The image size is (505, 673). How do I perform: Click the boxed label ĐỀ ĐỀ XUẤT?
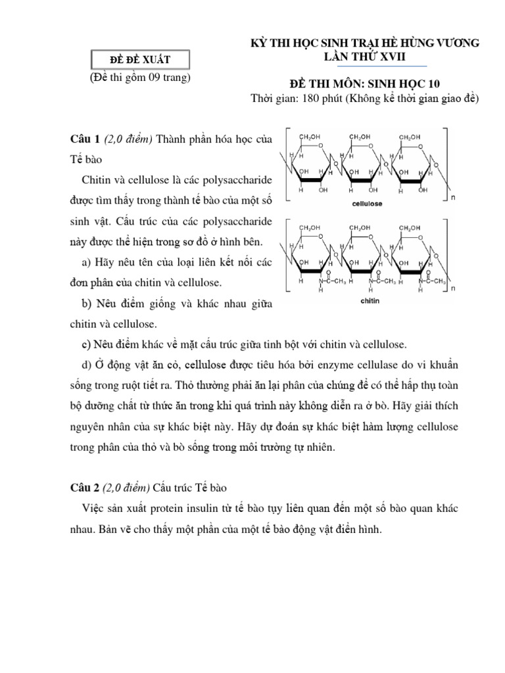click(x=139, y=60)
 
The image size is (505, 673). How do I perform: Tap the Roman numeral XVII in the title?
click(x=393, y=58)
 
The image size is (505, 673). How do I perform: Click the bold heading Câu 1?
click(x=84, y=139)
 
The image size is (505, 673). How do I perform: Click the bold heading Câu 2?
click(x=84, y=486)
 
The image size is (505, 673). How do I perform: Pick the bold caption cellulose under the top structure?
click(x=365, y=204)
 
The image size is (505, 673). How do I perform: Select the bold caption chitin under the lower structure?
click(x=368, y=303)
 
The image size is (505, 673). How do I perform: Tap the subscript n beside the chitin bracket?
click(x=452, y=288)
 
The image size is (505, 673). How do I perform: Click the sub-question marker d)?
click(x=88, y=364)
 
